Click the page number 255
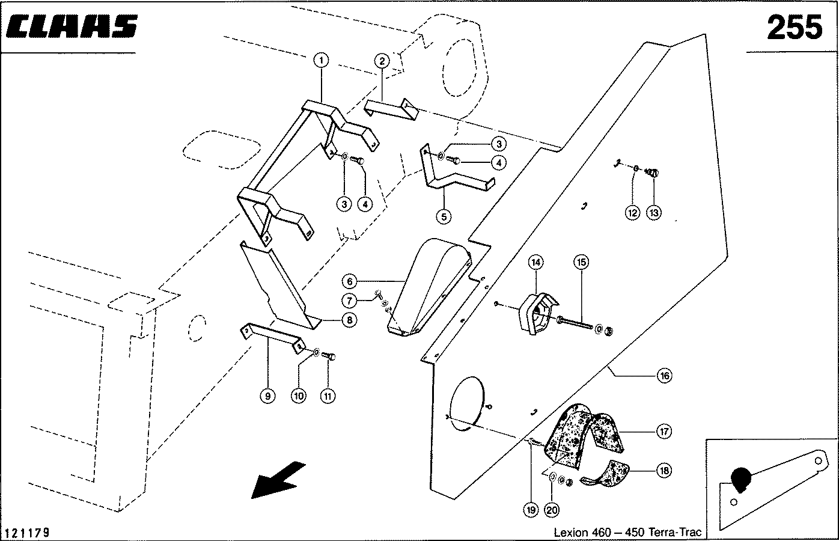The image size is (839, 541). [793, 28]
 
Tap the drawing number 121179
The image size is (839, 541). [28, 533]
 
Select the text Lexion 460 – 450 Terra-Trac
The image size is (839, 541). [627, 533]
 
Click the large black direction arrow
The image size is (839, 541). [277, 479]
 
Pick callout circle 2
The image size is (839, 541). [382, 60]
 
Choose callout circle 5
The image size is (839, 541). [444, 216]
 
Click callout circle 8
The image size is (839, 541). [350, 320]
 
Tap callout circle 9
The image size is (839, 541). [268, 396]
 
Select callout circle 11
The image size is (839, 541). [328, 396]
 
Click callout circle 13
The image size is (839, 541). [653, 212]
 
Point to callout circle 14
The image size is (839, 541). [535, 262]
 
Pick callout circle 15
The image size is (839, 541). [581, 262]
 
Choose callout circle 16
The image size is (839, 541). [664, 376]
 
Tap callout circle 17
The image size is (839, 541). [664, 432]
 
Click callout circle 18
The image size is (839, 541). [664, 471]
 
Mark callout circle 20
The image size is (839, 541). [552, 510]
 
